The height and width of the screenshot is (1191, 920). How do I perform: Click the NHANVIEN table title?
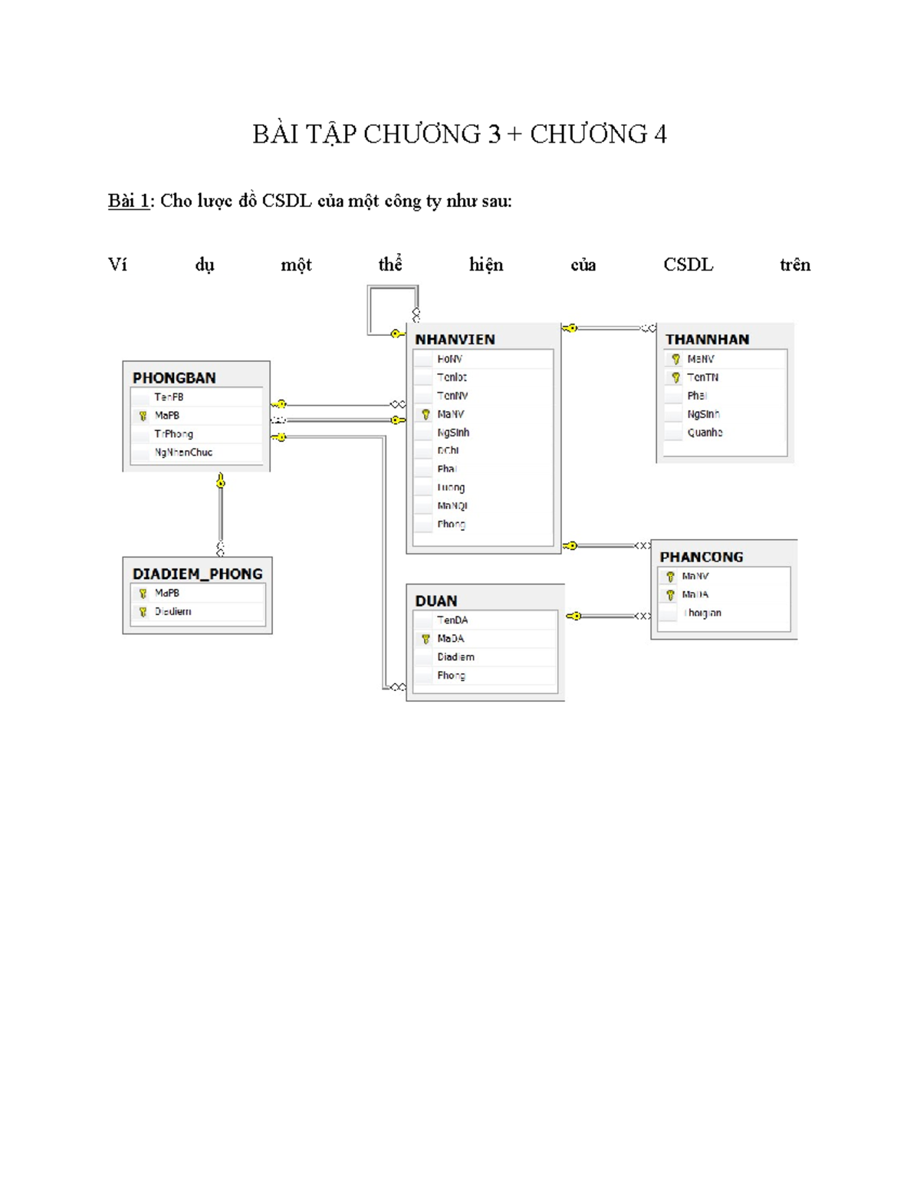click(x=455, y=339)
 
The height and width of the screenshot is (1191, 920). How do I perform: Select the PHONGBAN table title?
click(x=174, y=377)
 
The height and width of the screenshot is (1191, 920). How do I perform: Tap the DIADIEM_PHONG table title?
click(x=197, y=574)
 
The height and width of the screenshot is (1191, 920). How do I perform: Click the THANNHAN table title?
click(x=707, y=339)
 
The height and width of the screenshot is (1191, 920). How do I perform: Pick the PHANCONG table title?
click(x=701, y=557)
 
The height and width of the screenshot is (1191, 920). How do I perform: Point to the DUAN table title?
click(x=436, y=600)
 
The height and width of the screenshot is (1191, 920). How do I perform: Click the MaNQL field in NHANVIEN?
click(x=452, y=506)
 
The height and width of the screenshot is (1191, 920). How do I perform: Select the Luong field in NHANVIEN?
click(x=451, y=488)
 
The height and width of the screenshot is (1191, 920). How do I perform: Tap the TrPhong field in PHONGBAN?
click(x=173, y=434)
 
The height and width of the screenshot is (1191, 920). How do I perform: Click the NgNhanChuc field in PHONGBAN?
click(x=183, y=452)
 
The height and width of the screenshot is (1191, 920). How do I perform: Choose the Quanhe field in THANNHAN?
click(x=705, y=433)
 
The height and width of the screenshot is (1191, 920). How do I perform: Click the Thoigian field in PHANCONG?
click(x=702, y=613)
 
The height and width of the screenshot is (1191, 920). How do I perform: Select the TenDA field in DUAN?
click(x=452, y=620)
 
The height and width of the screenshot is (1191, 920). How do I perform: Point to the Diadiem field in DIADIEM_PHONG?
click(x=172, y=611)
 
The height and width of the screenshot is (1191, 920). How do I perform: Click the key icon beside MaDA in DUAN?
click(x=426, y=639)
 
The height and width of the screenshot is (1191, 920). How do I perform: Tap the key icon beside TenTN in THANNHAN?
click(x=675, y=377)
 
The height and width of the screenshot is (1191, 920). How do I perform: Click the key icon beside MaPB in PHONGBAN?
click(x=143, y=416)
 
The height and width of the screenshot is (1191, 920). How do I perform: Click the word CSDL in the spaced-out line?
click(x=688, y=265)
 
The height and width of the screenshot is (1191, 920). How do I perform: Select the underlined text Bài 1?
click(x=128, y=201)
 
